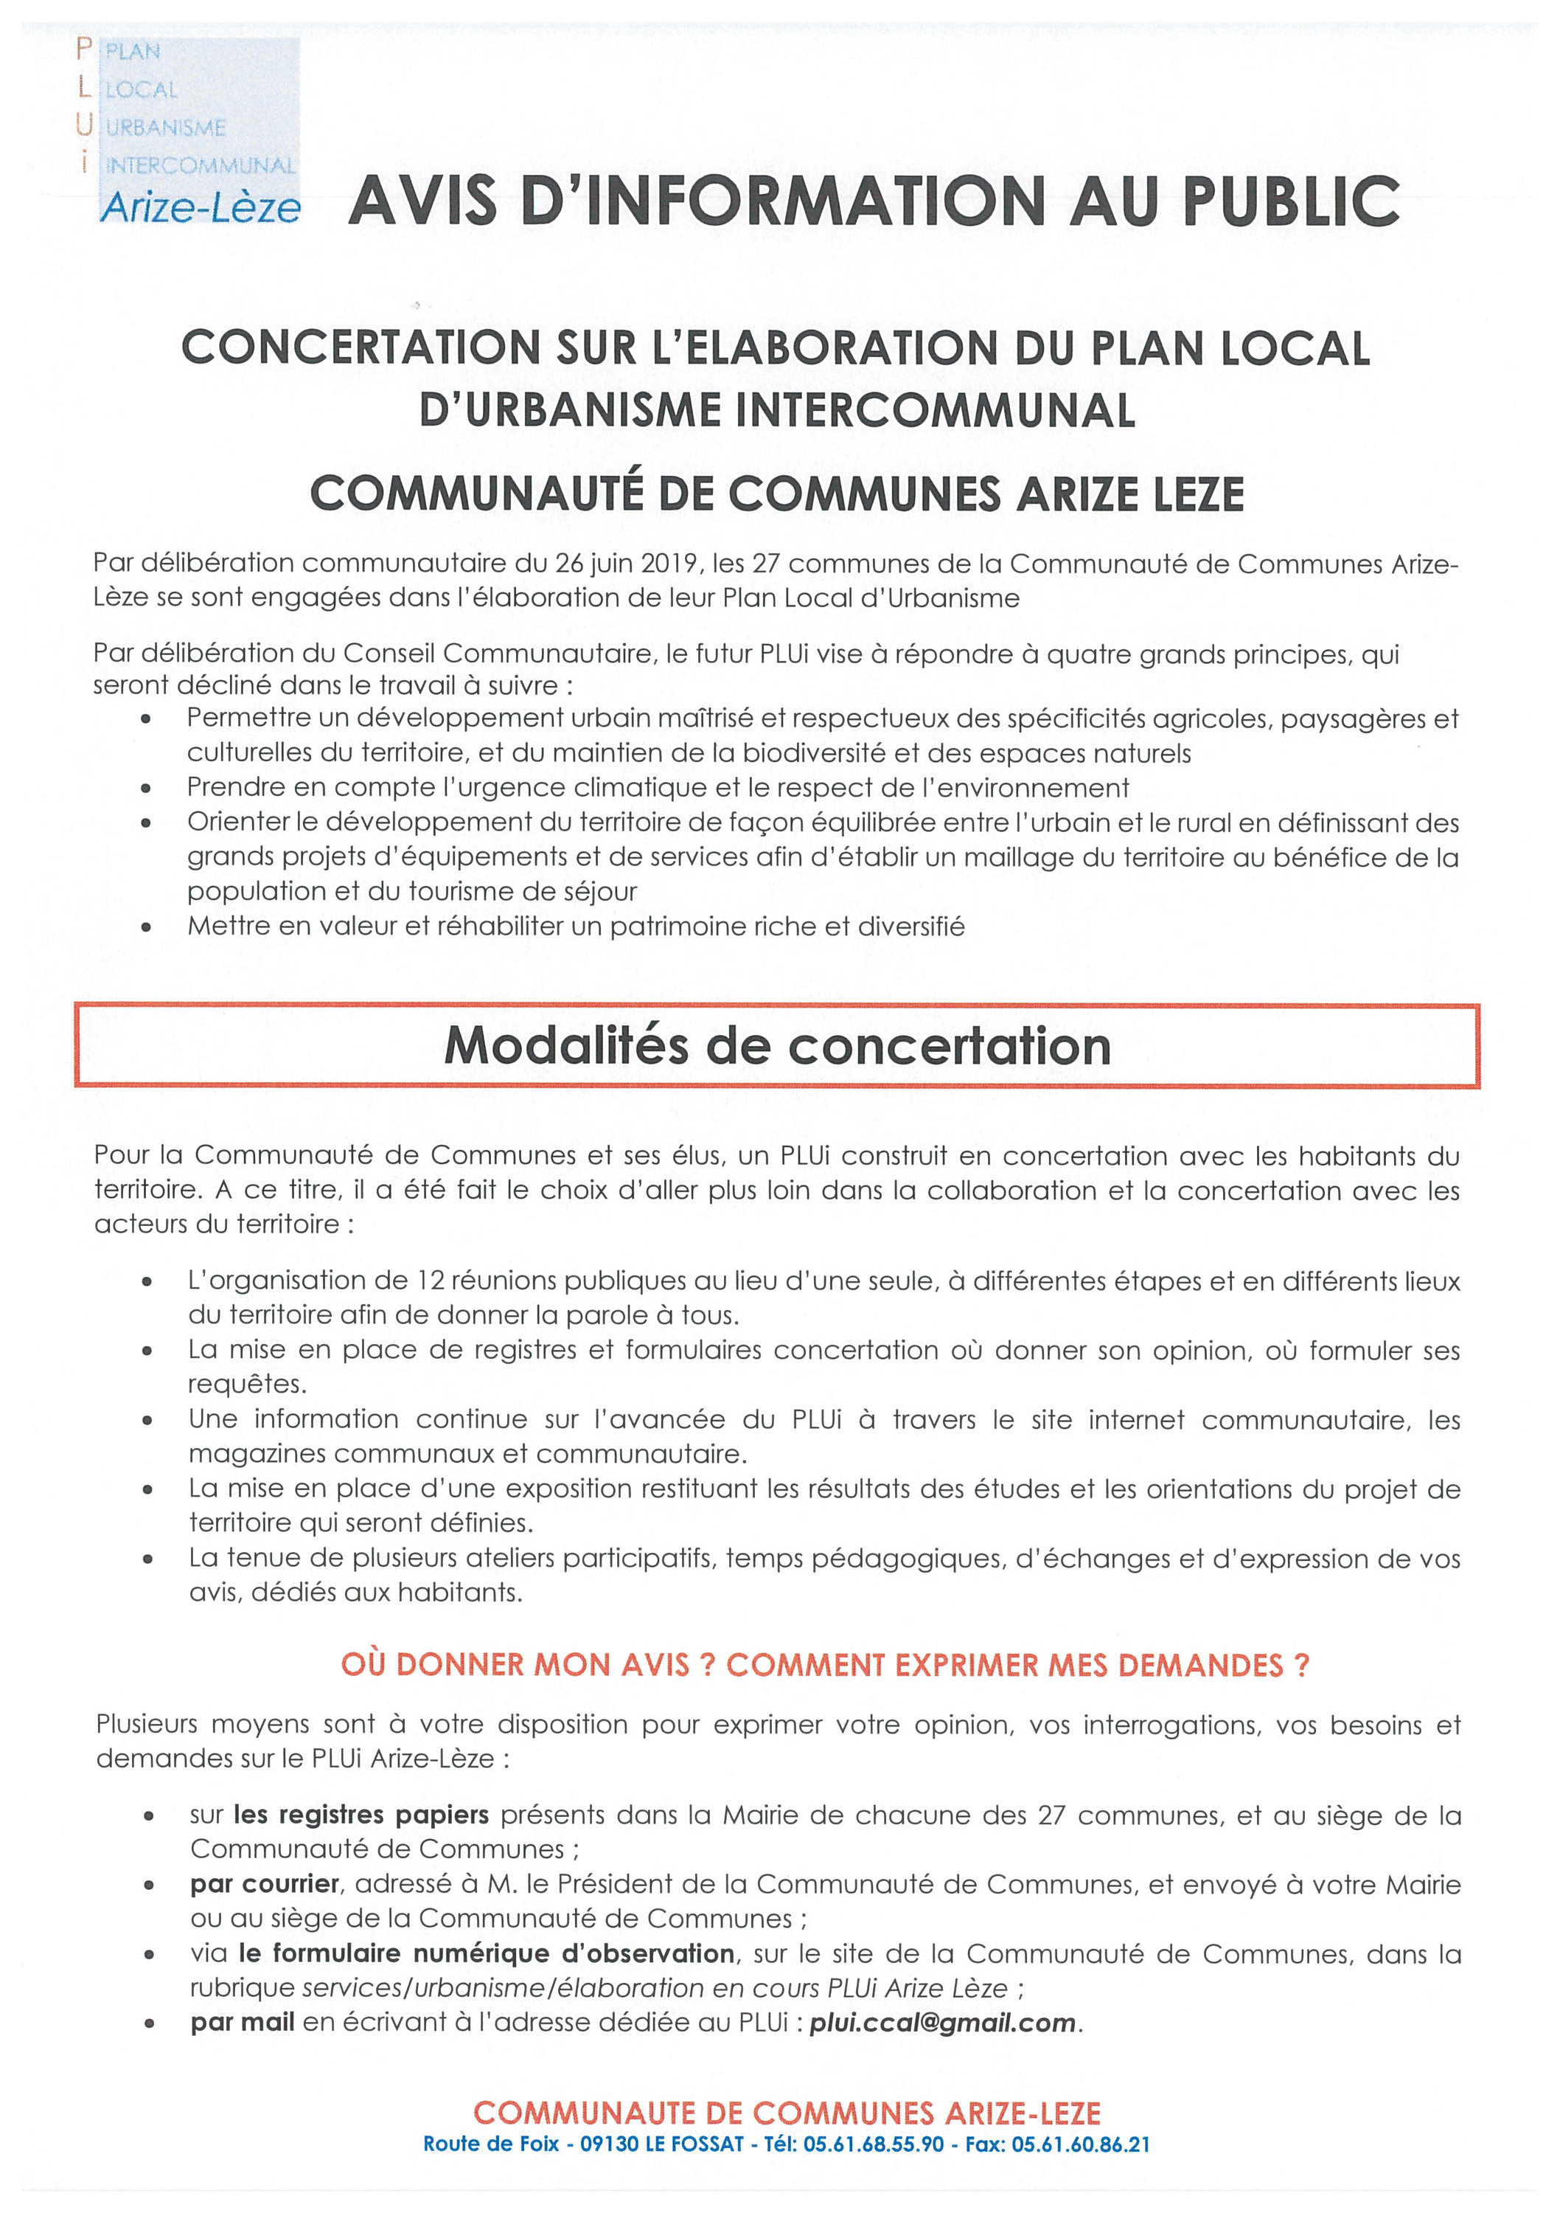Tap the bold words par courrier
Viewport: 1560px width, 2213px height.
tap(265, 1883)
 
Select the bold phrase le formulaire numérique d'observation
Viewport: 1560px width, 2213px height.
tap(487, 1954)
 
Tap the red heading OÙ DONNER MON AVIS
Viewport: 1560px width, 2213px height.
tap(527, 1666)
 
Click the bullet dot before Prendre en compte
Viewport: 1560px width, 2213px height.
tap(147, 789)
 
